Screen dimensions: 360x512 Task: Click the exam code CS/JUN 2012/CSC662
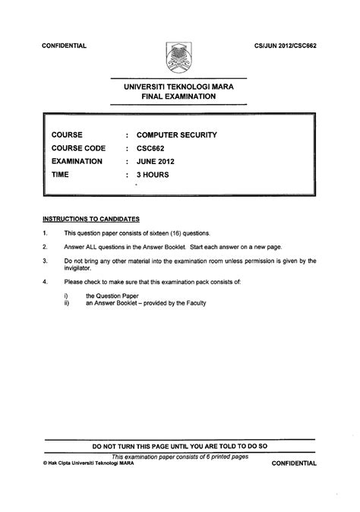(x=285, y=46)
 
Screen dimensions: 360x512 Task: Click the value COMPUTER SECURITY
(x=177, y=135)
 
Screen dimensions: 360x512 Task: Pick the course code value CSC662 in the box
(x=152, y=148)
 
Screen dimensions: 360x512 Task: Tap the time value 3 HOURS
(x=153, y=174)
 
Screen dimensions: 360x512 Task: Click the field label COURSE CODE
(x=78, y=148)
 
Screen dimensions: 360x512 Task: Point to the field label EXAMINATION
(x=77, y=161)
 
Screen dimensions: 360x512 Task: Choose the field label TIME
(x=60, y=174)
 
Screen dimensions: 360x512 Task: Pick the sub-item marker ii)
(x=68, y=303)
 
